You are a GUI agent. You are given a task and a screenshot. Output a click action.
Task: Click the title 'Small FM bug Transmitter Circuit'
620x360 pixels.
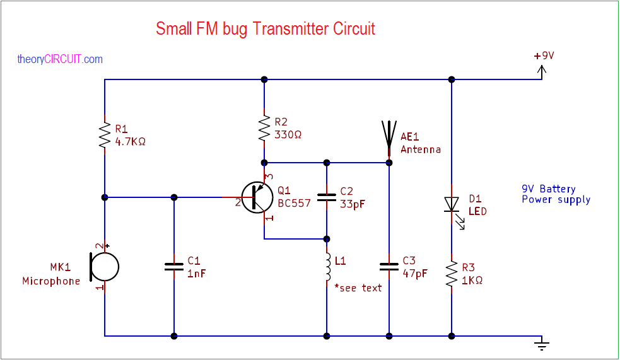[x=265, y=29]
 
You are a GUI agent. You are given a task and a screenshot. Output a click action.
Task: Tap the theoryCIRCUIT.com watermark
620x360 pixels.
[x=60, y=59]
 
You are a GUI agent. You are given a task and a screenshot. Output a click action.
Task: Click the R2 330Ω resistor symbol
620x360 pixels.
[x=264, y=128]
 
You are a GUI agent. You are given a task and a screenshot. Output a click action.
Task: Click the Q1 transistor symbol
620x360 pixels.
[x=257, y=197]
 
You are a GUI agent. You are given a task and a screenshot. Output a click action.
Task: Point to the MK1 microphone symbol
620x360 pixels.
[x=103, y=266]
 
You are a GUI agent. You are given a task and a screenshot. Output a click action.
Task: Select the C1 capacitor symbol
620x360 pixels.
[x=174, y=266]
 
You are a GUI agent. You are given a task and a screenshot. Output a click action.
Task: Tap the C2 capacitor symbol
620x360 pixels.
[x=327, y=197]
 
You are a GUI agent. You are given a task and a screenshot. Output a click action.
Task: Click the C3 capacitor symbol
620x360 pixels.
[x=389, y=265]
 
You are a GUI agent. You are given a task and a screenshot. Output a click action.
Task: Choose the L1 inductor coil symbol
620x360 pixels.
[x=327, y=267]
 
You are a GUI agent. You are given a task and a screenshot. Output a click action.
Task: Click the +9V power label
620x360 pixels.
[x=544, y=55]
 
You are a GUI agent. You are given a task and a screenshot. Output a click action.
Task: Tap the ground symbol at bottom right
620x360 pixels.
[x=541, y=344]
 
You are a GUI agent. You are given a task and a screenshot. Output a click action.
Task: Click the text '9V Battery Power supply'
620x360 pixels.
[x=556, y=194]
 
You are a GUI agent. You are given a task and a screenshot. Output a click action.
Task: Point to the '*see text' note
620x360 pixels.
[x=358, y=287]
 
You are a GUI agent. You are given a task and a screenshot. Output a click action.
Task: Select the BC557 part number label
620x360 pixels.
[x=294, y=204]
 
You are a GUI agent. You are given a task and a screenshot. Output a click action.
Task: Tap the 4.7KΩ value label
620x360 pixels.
[x=131, y=142]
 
